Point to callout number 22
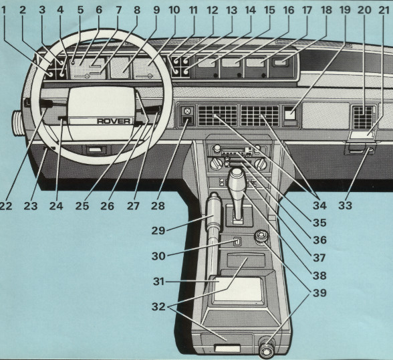click(6, 205)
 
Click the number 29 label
click(159, 230)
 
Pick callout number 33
click(345, 205)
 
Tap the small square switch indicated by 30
click(236, 242)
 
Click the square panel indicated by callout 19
click(290, 114)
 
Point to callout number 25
click(83, 205)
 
